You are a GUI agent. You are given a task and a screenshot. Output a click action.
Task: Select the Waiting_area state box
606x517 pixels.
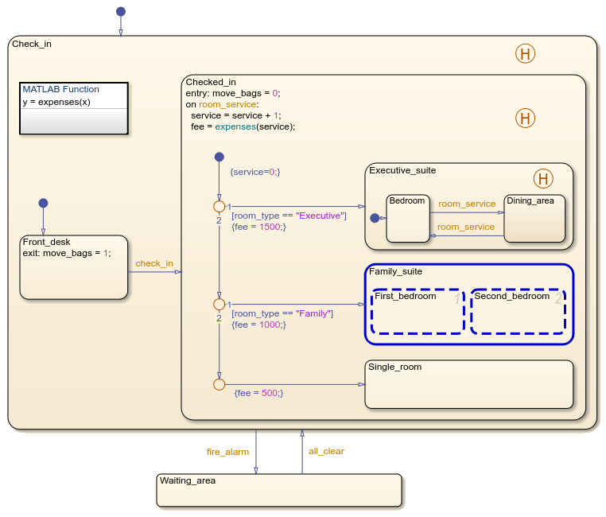click(278, 490)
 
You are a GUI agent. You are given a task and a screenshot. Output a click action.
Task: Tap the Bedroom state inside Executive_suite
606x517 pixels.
click(408, 218)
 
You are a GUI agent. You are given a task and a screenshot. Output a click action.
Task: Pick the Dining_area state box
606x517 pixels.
click(534, 219)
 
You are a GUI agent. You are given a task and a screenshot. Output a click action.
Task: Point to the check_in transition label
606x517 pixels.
click(154, 263)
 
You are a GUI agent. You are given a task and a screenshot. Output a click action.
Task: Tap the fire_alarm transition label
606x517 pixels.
click(227, 452)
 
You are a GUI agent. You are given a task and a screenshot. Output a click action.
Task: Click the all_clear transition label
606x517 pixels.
click(326, 451)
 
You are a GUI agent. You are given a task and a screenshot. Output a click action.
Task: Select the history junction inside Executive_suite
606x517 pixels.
click(542, 178)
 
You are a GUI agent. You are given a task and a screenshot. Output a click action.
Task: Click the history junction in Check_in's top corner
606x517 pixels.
click(525, 53)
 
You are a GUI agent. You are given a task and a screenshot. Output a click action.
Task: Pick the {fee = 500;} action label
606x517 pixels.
click(258, 393)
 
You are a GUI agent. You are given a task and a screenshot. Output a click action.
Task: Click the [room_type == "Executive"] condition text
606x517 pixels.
click(289, 216)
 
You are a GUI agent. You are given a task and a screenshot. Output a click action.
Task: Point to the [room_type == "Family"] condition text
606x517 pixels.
click(282, 313)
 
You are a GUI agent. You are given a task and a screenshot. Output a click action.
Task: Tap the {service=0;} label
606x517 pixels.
click(254, 172)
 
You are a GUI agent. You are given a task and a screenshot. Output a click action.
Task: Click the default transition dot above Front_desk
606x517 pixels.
click(43, 203)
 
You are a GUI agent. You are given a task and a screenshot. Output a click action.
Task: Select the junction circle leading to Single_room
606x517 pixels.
click(219, 384)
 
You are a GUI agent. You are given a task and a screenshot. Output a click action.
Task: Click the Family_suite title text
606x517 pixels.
click(395, 271)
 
